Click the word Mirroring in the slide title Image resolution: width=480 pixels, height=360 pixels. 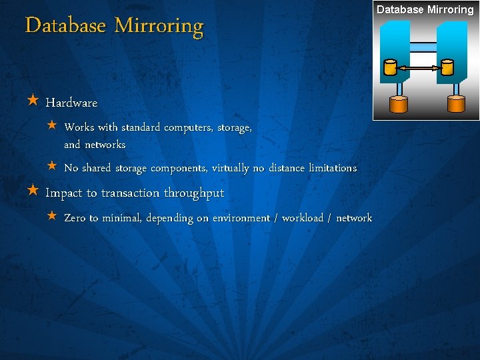pyautogui.click(x=159, y=26)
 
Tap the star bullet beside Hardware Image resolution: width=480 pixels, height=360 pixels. pyautogui.click(x=33, y=101)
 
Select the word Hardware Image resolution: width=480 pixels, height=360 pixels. pyautogui.click(x=71, y=103)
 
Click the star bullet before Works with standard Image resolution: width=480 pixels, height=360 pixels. pyautogui.click(x=53, y=126)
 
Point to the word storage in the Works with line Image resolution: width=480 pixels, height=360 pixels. pyautogui.click(x=234, y=127)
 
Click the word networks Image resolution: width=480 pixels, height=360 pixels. pyautogui.click(x=105, y=144)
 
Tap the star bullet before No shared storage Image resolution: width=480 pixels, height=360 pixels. pyautogui.click(x=53, y=167)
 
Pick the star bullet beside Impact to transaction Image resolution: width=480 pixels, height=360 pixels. pyautogui.click(x=33, y=191)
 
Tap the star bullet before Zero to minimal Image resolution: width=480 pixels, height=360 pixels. pyautogui.click(x=53, y=217)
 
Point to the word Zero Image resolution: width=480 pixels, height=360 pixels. pyautogui.click(x=75, y=218)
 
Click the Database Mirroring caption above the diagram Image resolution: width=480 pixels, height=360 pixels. pyautogui.click(x=425, y=9)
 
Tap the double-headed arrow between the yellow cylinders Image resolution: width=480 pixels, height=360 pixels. pyautogui.click(x=419, y=67)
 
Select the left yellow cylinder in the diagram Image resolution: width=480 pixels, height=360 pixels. pyautogui.click(x=390, y=67)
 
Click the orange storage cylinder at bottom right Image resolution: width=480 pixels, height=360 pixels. pyautogui.click(x=456, y=103)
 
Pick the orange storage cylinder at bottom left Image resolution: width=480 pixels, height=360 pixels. pyautogui.click(x=398, y=104)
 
